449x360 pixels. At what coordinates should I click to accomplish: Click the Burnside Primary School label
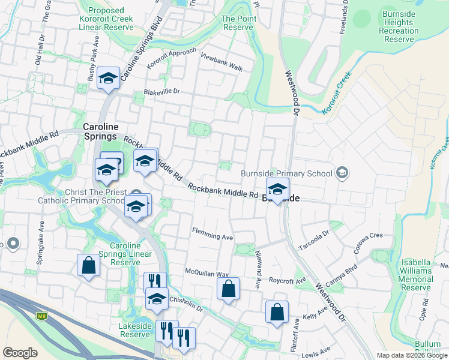286,174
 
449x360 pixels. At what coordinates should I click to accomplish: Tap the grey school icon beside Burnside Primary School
342,173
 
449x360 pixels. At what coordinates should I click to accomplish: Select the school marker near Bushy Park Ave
109,78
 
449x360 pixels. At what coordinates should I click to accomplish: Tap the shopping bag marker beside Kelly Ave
277,312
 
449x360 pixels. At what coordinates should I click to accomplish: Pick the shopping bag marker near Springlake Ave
88,266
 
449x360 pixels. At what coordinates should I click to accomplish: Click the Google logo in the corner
20,353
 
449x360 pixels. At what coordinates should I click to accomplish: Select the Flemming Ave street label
212,234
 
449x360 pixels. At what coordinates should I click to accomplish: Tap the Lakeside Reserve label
134,329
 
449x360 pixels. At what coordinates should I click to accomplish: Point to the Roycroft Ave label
288,280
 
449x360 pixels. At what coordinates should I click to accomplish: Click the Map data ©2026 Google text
411,355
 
